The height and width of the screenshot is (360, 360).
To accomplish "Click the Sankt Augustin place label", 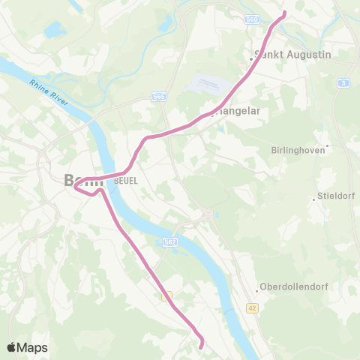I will (x=283, y=54).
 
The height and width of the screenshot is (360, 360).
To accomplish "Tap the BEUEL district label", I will (x=125, y=181).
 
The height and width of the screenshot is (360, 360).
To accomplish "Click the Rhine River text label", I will (x=48, y=92).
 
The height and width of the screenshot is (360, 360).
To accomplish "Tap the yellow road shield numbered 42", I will (x=252, y=307).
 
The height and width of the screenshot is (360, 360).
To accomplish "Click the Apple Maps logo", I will (x=27, y=347).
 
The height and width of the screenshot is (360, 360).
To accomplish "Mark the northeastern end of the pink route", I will (x=284, y=13).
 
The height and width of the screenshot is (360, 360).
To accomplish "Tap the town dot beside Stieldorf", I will (x=313, y=199).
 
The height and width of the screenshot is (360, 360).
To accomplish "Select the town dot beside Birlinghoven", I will (x=327, y=145).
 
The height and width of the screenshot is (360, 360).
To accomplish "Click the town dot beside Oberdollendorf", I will (x=258, y=289).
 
